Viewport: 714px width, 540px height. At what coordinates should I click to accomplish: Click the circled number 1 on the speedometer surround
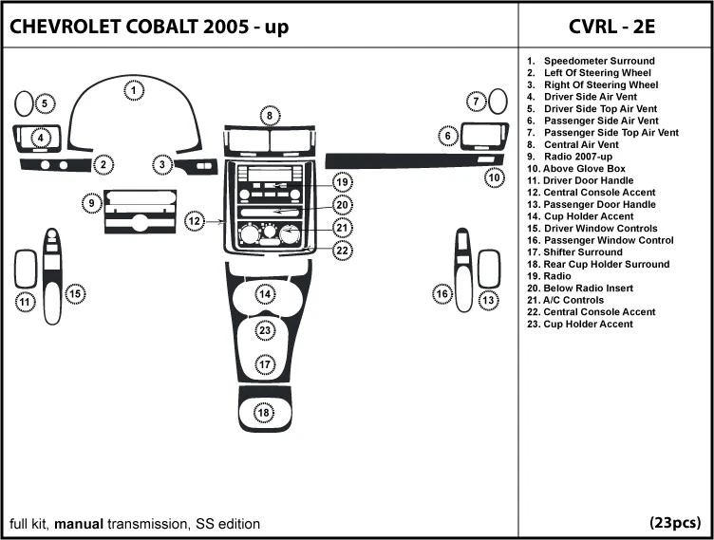135,91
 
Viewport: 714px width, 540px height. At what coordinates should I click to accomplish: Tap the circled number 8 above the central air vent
270,116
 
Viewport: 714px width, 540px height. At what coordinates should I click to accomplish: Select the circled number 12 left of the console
195,221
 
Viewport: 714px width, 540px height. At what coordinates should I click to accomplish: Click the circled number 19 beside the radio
342,181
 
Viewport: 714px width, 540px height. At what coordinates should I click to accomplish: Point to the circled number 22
342,251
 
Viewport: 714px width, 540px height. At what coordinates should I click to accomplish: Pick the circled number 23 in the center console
266,330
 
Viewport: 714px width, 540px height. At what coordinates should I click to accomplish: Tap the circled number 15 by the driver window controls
75,294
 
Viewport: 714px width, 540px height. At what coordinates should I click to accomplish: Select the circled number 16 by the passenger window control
442,294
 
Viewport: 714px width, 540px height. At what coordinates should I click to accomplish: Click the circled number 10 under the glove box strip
494,177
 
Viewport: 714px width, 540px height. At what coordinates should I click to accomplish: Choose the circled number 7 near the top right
476,102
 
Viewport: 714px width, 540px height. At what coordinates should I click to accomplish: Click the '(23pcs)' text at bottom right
675,523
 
